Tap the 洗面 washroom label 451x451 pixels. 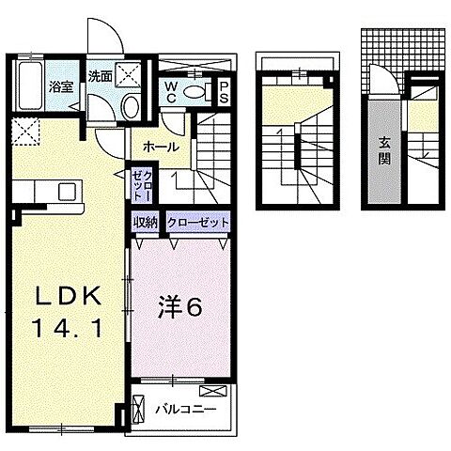[x=100, y=75]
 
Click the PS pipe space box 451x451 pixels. [x=225, y=92]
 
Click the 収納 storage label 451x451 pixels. [x=146, y=224]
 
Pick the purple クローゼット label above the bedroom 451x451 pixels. [x=197, y=224]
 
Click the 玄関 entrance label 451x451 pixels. [x=386, y=151]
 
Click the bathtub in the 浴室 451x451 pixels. [x=30, y=88]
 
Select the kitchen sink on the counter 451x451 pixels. [x=67, y=192]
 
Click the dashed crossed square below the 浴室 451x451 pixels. [x=23, y=132]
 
